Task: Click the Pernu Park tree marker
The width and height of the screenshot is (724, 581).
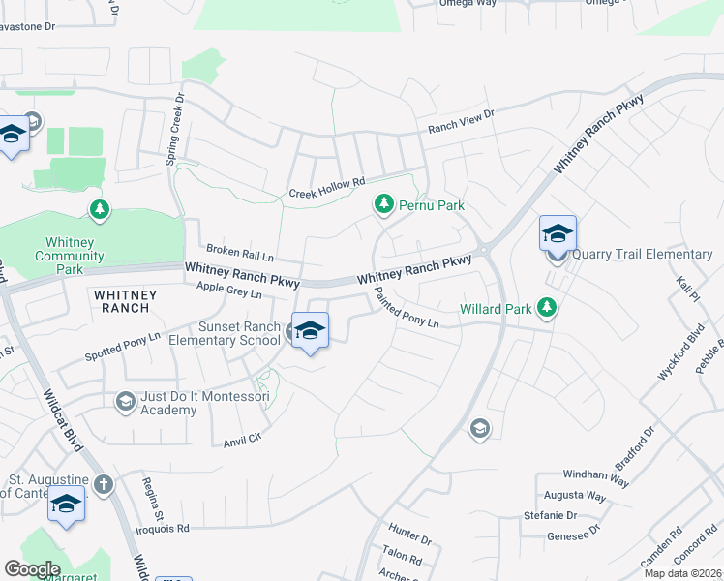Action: pos(384,204)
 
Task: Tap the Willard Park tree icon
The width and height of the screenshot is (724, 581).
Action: pos(548,308)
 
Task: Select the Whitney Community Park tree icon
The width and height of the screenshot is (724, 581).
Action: pos(98,209)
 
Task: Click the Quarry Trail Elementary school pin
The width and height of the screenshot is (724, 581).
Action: pos(558,234)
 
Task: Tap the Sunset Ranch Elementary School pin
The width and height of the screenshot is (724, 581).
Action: pos(310,331)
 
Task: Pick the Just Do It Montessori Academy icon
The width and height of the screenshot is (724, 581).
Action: pos(125,400)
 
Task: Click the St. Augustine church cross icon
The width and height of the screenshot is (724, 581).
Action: pos(104,483)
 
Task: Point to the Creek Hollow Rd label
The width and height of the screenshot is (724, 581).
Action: pos(327,187)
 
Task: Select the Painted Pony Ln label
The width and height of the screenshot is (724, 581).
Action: pos(407,310)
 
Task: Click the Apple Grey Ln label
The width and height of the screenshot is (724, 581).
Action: pos(228,290)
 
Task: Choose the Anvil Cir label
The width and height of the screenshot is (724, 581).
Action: pos(242,437)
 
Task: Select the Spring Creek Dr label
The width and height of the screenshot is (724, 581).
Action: pos(173,130)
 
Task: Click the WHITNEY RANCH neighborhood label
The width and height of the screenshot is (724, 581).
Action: pos(121,299)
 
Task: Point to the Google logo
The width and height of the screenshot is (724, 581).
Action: pos(33,568)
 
